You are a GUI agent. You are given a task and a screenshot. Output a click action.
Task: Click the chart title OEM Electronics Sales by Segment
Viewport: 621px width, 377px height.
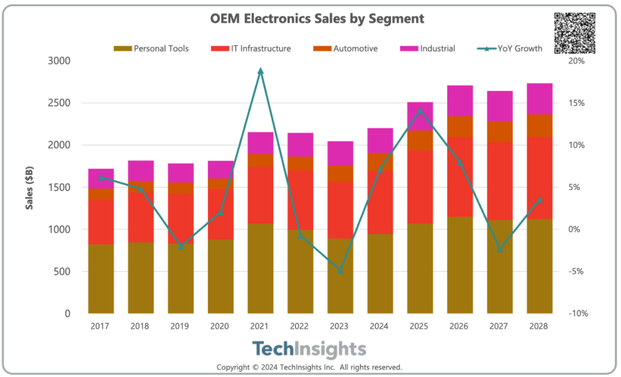pyautogui.click(x=317, y=18)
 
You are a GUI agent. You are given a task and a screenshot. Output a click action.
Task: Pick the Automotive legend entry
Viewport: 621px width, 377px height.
pyautogui.click(x=345, y=48)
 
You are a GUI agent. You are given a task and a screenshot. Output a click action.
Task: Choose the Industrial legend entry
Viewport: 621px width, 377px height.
pyautogui.click(x=428, y=48)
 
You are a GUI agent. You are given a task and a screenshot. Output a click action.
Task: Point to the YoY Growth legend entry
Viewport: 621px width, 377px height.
pyautogui.click(x=509, y=48)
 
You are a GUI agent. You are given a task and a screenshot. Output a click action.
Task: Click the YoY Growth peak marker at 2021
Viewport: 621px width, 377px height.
pyautogui.click(x=260, y=71)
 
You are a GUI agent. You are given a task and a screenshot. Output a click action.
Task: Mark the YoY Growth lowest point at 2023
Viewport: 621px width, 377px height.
pyautogui.click(x=340, y=270)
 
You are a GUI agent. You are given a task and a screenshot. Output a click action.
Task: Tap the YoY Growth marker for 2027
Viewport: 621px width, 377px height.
pyautogui.click(x=500, y=250)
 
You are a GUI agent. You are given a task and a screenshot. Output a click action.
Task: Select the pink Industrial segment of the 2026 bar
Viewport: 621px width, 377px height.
pyautogui.click(x=460, y=101)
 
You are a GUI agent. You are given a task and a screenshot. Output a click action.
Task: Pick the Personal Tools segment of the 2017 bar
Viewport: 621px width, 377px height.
pyautogui.click(x=101, y=279)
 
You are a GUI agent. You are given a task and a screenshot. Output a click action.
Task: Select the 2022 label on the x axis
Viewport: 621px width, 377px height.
pyautogui.click(x=300, y=326)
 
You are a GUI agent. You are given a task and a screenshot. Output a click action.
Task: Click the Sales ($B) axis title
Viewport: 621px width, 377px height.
pyautogui.click(x=29, y=188)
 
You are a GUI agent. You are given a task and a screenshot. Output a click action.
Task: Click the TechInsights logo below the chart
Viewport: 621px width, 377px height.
pyautogui.click(x=309, y=349)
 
